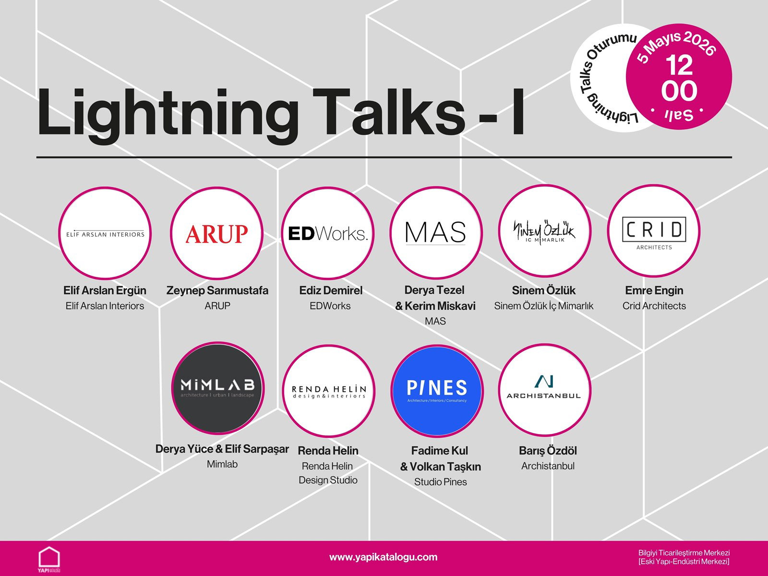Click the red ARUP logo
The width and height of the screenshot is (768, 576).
coord(216,234)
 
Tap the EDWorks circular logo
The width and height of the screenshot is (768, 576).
coord(328,233)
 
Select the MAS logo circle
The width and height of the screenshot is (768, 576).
coord(435,233)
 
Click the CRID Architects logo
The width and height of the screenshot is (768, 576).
coord(653,232)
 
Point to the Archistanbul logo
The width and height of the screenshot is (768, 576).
coord(544,389)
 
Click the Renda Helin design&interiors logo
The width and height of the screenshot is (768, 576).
coord(328,391)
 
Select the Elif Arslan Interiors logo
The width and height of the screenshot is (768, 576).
coord(105,234)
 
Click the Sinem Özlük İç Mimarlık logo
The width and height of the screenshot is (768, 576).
coord(544,232)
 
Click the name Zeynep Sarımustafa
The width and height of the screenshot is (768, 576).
coord(217,290)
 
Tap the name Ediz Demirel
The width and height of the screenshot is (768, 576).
coord(331,290)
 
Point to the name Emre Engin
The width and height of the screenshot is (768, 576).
coord(654,290)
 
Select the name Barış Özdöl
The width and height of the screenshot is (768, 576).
coord(548,451)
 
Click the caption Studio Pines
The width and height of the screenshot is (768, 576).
coord(440,482)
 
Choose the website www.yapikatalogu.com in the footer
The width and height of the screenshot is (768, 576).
coord(383,557)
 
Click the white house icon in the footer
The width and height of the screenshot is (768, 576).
coord(49,557)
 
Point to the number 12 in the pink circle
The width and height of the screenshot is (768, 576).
coord(679,66)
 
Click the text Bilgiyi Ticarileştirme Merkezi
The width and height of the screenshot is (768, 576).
coord(684,553)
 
